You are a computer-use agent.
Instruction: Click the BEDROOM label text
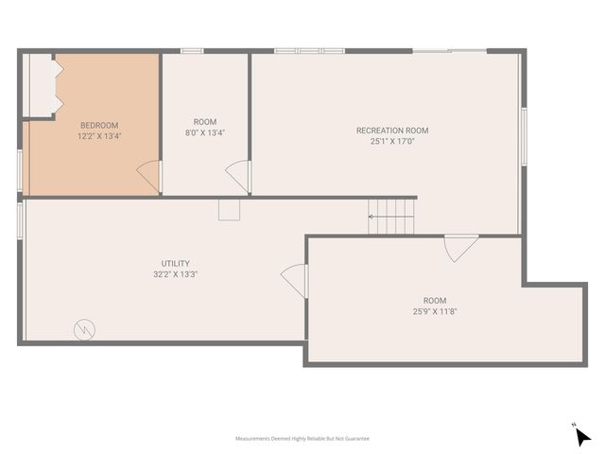pos(99,125)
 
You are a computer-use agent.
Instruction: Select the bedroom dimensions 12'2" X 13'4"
pos(99,135)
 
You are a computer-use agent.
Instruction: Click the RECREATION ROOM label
pos(392,131)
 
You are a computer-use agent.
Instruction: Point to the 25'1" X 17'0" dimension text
pos(392,141)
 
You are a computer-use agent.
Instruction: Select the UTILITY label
pos(176,263)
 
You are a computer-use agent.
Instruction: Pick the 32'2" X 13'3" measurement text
pos(176,274)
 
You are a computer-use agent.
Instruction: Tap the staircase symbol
pos(391,217)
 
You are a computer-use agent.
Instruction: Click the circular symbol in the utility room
pos(83,329)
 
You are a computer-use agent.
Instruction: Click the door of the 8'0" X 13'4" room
pos(238,177)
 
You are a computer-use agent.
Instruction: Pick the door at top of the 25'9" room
pos(460,247)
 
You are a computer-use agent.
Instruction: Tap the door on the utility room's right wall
pos(295,280)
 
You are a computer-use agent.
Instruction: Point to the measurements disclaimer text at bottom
pos(302,439)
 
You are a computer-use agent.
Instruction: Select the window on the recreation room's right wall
pos(524,137)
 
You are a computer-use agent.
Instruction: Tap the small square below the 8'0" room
pos(230,209)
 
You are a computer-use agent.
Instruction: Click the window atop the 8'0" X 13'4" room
pos(193,50)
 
